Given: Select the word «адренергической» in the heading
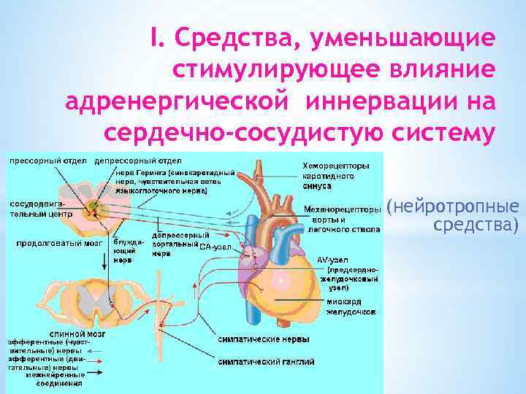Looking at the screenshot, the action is coord(169,101).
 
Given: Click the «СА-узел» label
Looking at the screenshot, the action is coord(216,247).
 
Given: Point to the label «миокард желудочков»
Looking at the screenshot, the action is coord(349,306).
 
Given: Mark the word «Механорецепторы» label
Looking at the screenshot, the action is coord(341,210).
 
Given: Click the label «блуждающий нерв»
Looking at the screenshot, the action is coord(123,249).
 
